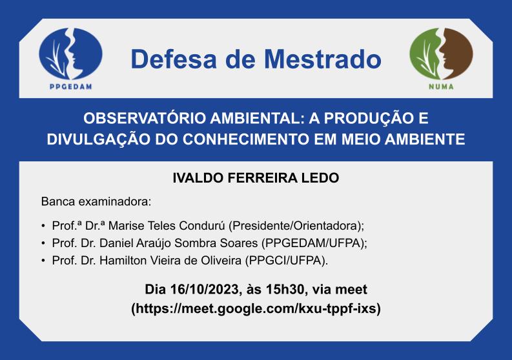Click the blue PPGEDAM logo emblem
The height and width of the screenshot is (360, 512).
tap(70, 54)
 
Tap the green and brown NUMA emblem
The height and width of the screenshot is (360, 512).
tap(441, 54)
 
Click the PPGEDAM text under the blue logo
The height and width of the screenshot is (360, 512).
tap(71, 87)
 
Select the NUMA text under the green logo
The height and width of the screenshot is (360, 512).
tap(441, 87)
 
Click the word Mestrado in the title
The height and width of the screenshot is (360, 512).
tap(323, 59)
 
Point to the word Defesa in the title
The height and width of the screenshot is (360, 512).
tap(174, 59)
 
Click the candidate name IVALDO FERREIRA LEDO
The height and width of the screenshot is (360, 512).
tap(256, 178)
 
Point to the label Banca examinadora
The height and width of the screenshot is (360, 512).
tap(96, 202)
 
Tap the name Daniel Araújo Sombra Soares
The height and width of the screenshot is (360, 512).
tap(179, 243)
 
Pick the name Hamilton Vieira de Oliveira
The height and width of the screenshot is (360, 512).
tap(170, 261)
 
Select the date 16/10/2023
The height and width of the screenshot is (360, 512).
tap(204, 290)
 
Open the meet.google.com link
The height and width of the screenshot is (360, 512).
tap(256, 308)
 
